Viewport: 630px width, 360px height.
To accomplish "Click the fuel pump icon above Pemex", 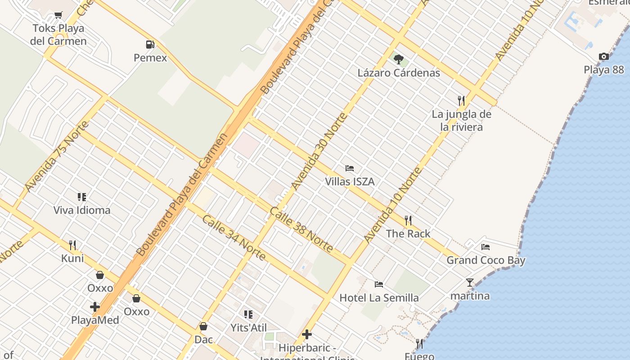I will coord(150,44).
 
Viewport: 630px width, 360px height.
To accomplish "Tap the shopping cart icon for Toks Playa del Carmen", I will coord(58,16).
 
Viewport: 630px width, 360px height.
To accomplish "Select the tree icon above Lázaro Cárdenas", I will coord(399,59).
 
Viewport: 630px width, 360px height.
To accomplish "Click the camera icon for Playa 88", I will coord(604,56).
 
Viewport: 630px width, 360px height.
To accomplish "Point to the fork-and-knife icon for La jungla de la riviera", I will coord(461,100).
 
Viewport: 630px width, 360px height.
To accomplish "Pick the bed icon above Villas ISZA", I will coord(350,168).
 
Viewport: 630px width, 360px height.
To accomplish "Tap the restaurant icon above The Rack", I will coord(408,220).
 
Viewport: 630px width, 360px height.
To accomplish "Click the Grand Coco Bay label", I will coord(486,260).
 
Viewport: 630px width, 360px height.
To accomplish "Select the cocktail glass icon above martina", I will coord(470,283).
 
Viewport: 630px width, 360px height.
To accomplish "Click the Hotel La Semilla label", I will coord(379,297).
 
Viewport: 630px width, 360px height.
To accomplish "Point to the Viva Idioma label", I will coord(82,210).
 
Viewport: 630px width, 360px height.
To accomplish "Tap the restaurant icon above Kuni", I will coord(72,245).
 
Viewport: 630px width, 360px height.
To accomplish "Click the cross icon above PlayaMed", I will coord(95,307).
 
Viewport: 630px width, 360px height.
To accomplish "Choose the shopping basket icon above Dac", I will coord(203,326).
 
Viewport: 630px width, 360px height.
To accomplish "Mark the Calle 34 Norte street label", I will coord(234,238).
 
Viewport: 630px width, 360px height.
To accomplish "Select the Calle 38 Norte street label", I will coord(301,229).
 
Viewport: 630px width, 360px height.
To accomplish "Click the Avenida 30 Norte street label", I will coord(319,152).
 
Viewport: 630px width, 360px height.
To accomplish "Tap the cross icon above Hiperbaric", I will coord(307,334).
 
